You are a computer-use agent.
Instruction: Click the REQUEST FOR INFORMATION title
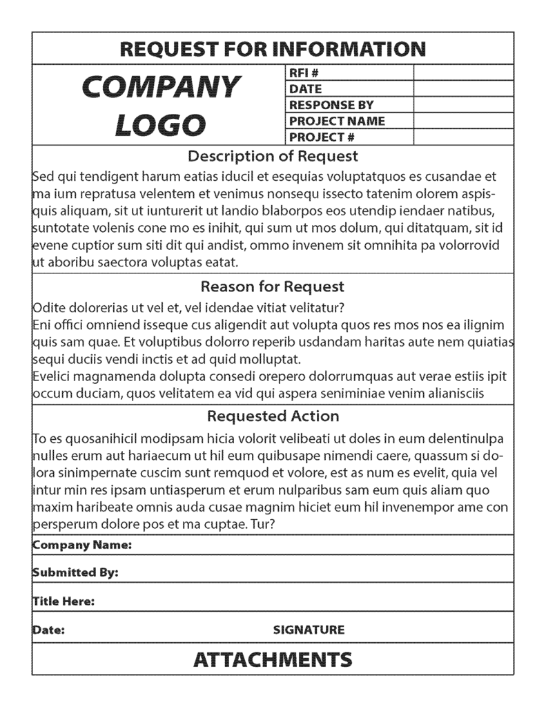[x=273, y=49]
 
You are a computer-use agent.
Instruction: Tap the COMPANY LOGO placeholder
[x=161, y=105]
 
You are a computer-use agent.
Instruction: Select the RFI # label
[x=303, y=72]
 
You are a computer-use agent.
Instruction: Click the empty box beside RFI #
[x=463, y=72]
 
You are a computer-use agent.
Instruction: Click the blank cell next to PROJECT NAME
[x=463, y=121]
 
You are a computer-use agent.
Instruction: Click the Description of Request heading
[x=273, y=156]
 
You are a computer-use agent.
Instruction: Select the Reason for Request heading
[x=273, y=286]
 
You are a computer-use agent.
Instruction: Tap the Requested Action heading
[x=273, y=416]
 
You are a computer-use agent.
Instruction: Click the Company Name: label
[x=82, y=545]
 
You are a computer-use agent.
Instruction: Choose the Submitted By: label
[x=75, y=572]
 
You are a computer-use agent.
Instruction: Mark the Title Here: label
[x=64, y=601]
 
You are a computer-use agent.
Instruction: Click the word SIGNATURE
[x=309, y=630]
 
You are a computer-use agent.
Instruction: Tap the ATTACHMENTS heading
[x=273, y=659]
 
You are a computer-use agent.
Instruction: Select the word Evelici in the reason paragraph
[x=53, y=376]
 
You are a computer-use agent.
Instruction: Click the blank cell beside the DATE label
[x=463, y=88]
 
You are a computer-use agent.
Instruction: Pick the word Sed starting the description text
[x=44, y=176]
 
